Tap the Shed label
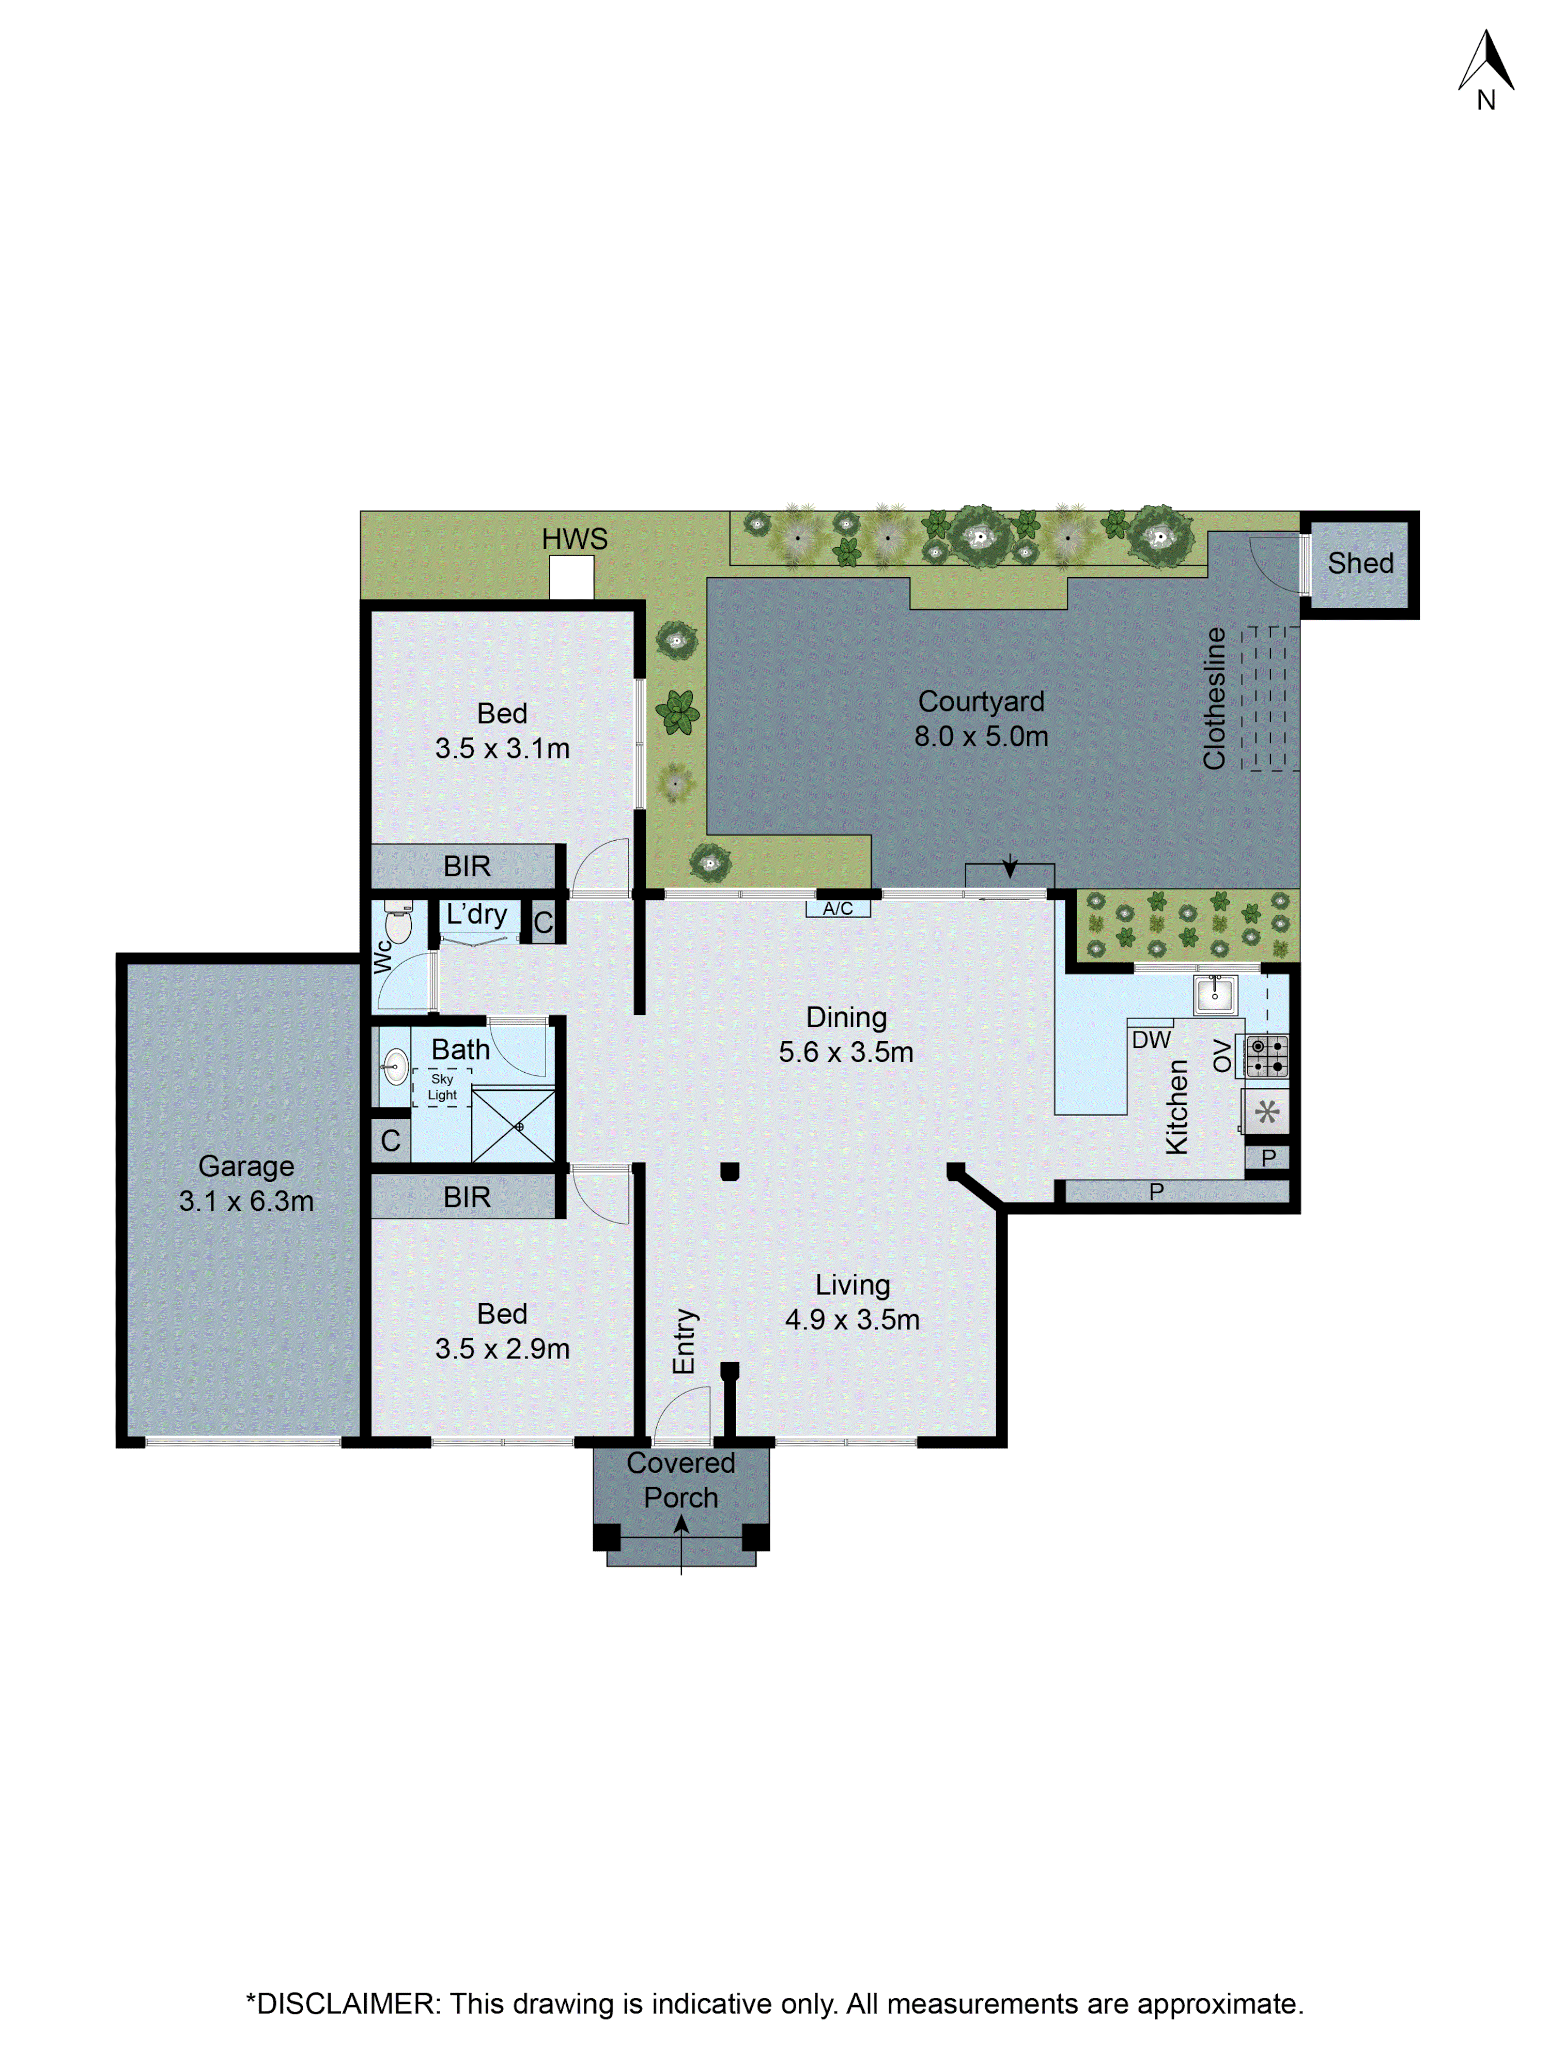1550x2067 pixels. [1360, 563]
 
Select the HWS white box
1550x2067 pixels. [571, 578]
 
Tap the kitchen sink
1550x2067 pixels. [1215, 994]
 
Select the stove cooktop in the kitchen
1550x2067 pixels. [1267, 1056]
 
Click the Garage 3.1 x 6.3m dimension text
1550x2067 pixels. [246, 1201]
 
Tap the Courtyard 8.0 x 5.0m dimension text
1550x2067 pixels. [981, 736]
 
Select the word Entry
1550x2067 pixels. [685, 1341]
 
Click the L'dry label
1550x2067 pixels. [476, 915]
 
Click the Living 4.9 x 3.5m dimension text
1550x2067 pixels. [852, 1319]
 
